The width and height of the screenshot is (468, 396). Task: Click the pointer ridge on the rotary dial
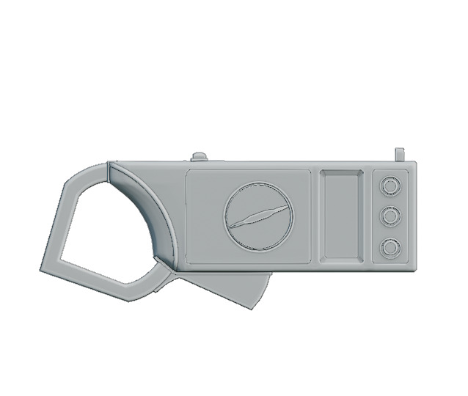point(257,217)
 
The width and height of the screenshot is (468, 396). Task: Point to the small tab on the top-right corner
point(400,154)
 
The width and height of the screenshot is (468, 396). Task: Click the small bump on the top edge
point(199,155)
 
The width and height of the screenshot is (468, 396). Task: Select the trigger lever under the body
point(235,286)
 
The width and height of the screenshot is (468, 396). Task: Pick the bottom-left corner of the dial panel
point(188,261)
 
